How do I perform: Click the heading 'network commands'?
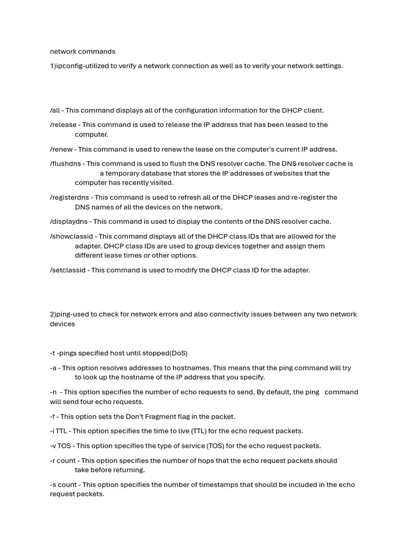coord(82,52)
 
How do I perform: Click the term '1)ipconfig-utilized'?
coord(80,66)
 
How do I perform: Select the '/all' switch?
coord(55,110)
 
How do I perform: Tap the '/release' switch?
coord(63,125)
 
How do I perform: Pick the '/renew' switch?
coord(61,149)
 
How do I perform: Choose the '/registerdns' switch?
coord(70,197)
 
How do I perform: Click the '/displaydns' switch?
coord(69,222)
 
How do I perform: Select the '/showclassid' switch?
coord(72,236)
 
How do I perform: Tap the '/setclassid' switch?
coord(68,270)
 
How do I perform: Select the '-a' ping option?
coord(53,368)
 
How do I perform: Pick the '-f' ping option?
coord(53,416)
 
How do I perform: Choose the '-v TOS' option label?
coord(60,446)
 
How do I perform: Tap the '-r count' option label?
coord(63,461)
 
